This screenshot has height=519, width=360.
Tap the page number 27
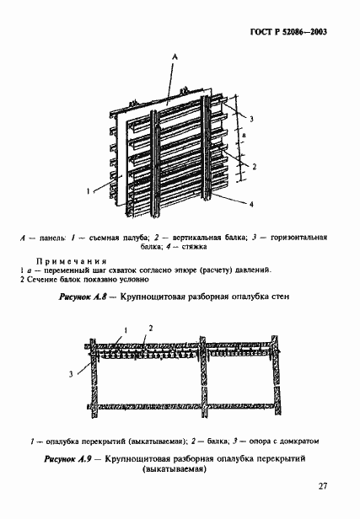pos(323,485)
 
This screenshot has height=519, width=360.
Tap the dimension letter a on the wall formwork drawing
pos(244,134)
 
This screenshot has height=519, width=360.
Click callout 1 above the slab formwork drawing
pos(126,328)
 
